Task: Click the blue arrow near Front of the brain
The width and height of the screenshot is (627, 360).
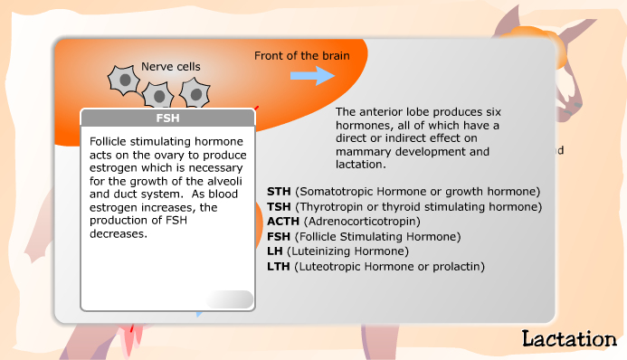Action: coord(312,75)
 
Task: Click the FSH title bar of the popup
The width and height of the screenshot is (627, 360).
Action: coord(167,118)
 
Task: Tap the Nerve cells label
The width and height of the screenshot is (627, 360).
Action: coord(170,66)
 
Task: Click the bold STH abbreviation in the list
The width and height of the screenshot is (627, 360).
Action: coord(279,191)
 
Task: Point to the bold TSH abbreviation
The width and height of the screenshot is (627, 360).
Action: coord(279,206)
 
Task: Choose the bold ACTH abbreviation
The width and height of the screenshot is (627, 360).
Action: coord(283,221)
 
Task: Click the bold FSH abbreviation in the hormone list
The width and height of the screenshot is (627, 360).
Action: coord(279,236)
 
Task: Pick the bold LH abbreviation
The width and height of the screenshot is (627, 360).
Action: coord(275,251)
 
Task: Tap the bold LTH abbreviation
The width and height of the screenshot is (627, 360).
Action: coord(279,266)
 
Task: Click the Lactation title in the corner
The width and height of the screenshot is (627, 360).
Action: coord(568,339)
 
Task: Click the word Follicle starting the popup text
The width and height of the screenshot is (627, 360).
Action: coord(110,141)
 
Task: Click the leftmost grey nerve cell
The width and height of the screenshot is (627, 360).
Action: coord(121,80)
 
